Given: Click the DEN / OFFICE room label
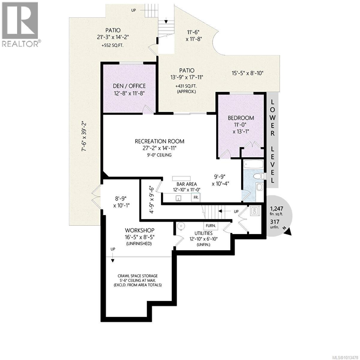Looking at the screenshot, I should pos(130,86).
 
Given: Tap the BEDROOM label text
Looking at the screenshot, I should pos(241,118).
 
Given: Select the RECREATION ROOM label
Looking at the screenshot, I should pos(159,141).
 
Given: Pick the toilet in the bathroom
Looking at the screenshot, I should pos(258,176).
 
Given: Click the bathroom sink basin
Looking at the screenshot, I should pos(259,188).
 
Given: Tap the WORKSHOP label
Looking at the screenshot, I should pos(139,230).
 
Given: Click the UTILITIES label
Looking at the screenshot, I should pos(203,233).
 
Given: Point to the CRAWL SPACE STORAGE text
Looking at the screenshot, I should pos(137,276).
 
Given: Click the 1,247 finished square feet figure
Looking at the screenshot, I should pos(276,208).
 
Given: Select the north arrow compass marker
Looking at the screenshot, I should pos(287,231).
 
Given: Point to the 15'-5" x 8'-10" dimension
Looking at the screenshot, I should pos(247,73).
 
